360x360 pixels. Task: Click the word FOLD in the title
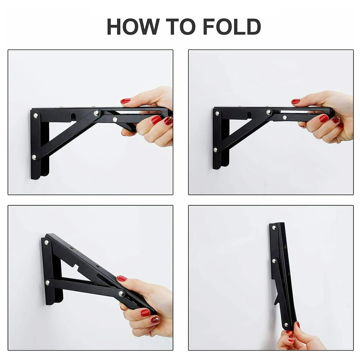(232, 27)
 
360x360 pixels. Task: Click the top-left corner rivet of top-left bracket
(36, 116)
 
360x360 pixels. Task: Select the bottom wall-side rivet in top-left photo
(34, 157)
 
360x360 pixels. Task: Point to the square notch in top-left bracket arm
(73, 117)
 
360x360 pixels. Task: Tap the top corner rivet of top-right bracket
(218, 113)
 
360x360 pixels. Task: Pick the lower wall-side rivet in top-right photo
(215, 150)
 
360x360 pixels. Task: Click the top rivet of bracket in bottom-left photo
(46, 242)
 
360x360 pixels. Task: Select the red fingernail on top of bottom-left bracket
(122, 278)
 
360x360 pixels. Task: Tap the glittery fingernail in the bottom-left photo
(155, 319)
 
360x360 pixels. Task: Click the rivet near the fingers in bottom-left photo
(122, 294)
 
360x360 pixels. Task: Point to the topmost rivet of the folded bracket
(274, 228)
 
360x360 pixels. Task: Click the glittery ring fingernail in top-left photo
(168, 121)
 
